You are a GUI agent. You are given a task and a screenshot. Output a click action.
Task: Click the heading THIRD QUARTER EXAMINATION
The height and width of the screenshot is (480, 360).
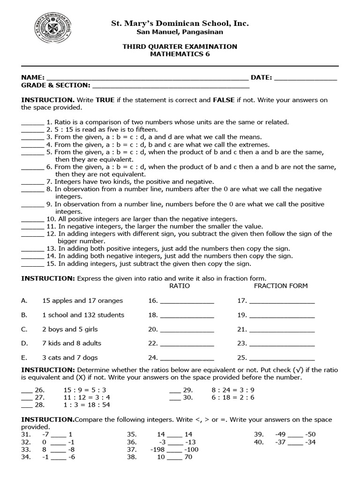[180, 46]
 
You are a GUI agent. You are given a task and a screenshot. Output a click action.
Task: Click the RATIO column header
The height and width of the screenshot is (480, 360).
[180, 285]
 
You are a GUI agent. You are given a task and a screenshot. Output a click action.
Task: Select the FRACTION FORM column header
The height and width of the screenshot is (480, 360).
[281, 285]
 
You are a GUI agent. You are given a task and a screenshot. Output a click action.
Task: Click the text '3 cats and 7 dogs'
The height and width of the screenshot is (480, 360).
[70, 357]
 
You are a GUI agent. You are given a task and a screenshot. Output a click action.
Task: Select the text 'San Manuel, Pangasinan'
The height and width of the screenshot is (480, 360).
[180, 32]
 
